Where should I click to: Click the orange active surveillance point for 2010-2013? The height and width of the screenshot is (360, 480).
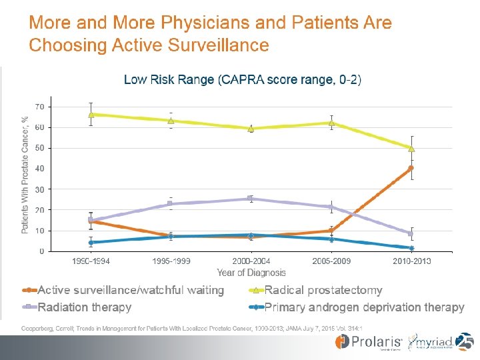point(411,168)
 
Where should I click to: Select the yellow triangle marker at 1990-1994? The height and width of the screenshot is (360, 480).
point(91,114)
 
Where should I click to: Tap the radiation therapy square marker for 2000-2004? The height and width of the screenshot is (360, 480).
point(251,198)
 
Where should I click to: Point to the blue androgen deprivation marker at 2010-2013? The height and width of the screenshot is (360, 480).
point(411,248)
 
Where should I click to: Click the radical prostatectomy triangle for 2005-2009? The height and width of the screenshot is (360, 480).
point(331,123)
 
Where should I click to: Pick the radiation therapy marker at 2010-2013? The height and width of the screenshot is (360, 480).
point(411,233)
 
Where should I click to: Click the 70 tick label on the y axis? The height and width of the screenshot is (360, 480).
point(39,107)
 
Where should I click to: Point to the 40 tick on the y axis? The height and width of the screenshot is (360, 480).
point(39,169)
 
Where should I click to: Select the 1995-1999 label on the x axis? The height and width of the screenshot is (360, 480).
point(171,261)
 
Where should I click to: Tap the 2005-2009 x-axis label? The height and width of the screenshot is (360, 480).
point(331,261)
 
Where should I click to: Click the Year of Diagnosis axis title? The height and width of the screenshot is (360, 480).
point(251,273)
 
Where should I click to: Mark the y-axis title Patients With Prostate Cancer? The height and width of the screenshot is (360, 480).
point(25,175)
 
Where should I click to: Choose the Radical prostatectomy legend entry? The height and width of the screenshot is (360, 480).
point(323,290)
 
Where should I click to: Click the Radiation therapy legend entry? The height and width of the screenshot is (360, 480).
point(85,307)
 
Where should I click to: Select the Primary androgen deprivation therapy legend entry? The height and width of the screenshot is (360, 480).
point(364,307)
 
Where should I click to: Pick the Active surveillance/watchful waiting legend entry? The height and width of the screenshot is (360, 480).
point(131,290)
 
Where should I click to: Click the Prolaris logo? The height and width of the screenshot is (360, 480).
point(364,343)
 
